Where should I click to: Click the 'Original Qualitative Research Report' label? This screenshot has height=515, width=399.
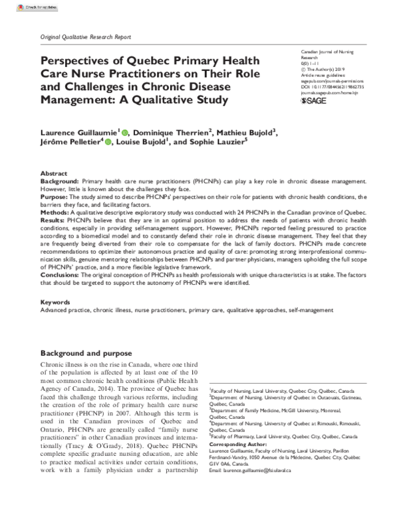pos(86,37)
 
